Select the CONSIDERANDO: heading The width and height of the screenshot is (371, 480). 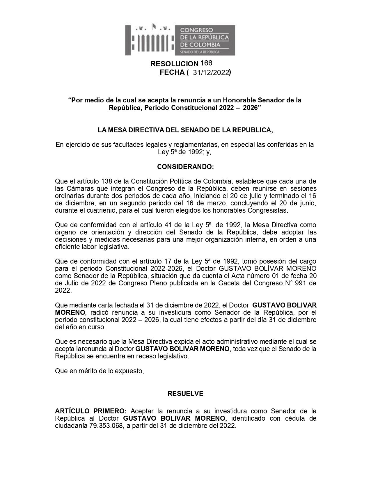tap(185, 167)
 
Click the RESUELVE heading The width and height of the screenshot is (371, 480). tap(185, 394)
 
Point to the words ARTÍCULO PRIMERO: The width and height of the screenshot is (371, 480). tap(91, 411)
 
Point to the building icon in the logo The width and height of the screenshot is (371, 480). tap(150, 40)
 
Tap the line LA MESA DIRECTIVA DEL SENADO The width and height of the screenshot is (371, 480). tap(185, 130)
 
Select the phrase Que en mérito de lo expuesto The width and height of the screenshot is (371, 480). tap(100, 371)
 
